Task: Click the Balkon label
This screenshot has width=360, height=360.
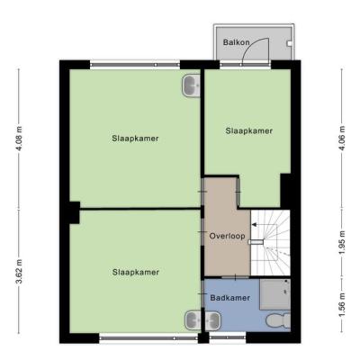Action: (x=236, y=42)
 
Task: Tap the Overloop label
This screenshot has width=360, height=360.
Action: (x=227, y=236)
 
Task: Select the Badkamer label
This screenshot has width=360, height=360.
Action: (x=229, y=298)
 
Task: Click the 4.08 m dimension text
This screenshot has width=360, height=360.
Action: (x=19, y=139)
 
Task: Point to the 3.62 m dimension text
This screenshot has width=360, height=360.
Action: (x=19, y=271)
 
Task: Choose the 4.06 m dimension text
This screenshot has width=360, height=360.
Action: (x=342, y=139)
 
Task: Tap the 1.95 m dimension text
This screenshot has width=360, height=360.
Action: (x=342, y=242)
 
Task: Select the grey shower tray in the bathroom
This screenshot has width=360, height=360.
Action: (x=274, y=294)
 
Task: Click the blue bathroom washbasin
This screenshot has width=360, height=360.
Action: (x=212, y=321)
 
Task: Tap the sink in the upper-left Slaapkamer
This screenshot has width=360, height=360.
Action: (x=192, y=86)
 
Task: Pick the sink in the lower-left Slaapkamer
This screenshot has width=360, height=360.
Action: (x=193, y=320)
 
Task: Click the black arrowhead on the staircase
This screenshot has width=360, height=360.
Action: (x=254, y=224)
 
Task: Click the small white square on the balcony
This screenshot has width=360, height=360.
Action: (x=289, y=44)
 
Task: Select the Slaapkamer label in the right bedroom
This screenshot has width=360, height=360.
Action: (x=249, y=131)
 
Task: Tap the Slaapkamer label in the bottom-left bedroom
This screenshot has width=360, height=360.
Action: (x=136, y=273)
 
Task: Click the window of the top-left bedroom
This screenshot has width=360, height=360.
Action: (x=135, y=65)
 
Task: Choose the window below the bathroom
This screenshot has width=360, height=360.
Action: (x=228, y=337)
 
